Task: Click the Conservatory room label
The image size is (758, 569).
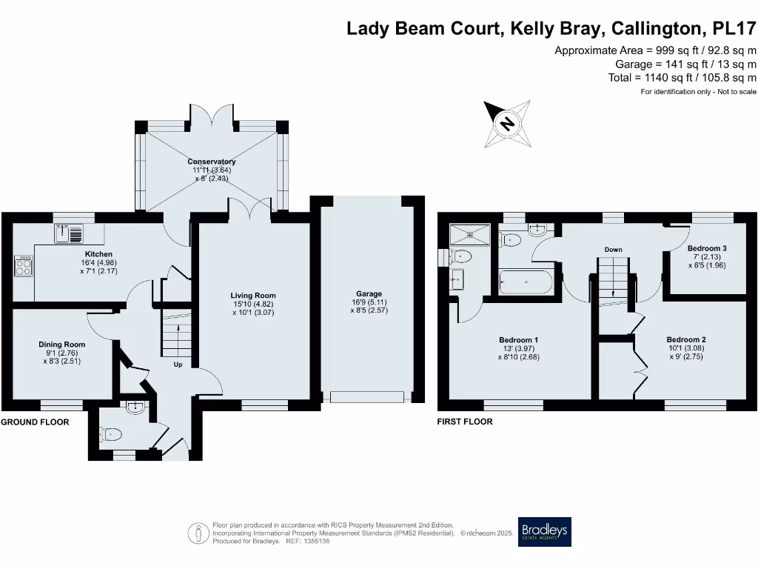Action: [212, 162]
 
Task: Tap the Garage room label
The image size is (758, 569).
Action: [369, 294]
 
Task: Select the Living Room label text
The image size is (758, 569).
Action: [253, 296]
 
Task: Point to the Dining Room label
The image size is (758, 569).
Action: [62, 345]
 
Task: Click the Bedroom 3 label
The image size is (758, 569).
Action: [703, 248]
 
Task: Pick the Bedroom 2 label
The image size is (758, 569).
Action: [685, 339]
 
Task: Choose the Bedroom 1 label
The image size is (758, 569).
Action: [518, 341]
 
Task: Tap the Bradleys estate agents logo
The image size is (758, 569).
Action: [544, 531]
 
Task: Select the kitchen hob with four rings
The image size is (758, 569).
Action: [24, 266]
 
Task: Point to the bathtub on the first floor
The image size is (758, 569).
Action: [524, 282]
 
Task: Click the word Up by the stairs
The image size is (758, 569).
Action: [178, 365]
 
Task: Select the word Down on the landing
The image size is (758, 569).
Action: [613, 250]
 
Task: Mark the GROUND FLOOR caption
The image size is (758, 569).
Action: [35, 422]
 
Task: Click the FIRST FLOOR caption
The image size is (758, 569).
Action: [465, 422]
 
